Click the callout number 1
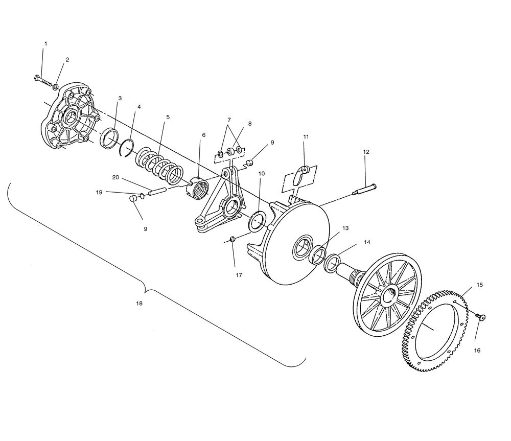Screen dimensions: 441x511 (x=45, y=44)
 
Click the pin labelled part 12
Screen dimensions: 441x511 (x=364, y=189)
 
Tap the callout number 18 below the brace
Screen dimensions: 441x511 (x=140, y=303)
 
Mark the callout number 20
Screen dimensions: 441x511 (x=115, y=177)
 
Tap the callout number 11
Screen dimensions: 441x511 (x=306, y=137)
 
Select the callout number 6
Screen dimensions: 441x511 (x=204, y=135)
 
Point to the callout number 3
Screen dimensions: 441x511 (x=120, y=98)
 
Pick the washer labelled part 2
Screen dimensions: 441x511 (x=56, y=87)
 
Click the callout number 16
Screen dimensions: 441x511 (x=477, y=351)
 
